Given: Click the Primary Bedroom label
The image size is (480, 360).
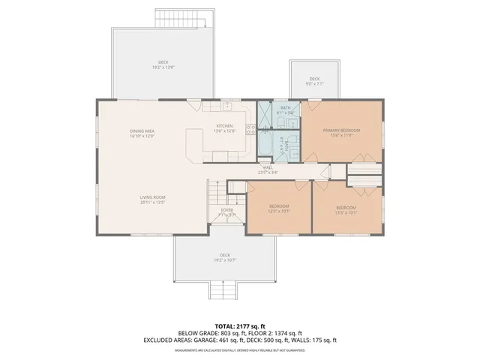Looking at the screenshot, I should pos(341,133).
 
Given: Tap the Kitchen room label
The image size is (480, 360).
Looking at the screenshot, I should pos(225,128).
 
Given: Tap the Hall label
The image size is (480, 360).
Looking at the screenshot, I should pos(267,169).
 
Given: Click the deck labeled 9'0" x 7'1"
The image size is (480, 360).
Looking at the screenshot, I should pos(315,81).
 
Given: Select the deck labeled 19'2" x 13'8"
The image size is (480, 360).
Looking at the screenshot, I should pos(163,64).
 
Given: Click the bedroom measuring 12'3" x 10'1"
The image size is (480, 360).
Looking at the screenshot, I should pos(278,208).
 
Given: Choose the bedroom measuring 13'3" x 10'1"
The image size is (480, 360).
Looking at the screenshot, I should pos(346,209).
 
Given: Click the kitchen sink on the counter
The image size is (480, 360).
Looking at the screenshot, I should pos(227,106).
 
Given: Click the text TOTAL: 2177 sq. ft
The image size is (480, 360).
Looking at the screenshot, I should pos(239,325).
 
